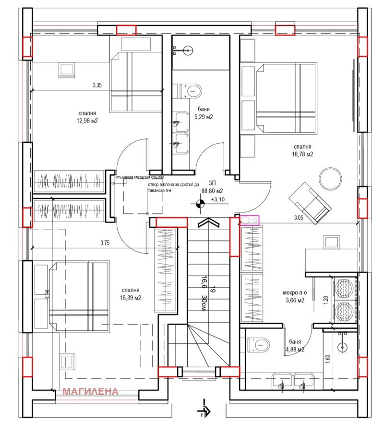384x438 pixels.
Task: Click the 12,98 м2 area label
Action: [86, 121]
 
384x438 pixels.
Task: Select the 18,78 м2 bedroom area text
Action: [303, 154]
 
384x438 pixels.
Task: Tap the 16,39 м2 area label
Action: [131, 298]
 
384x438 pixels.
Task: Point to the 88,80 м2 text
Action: [209, 190]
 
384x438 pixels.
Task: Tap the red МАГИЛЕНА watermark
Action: [91, 391]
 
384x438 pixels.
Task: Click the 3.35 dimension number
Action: [97, 86]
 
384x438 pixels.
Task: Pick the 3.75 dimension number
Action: [106, 243]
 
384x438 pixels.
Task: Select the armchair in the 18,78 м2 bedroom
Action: [310, 201]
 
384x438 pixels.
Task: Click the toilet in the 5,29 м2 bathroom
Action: [192, 90]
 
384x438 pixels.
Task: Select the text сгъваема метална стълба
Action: [140, 177]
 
